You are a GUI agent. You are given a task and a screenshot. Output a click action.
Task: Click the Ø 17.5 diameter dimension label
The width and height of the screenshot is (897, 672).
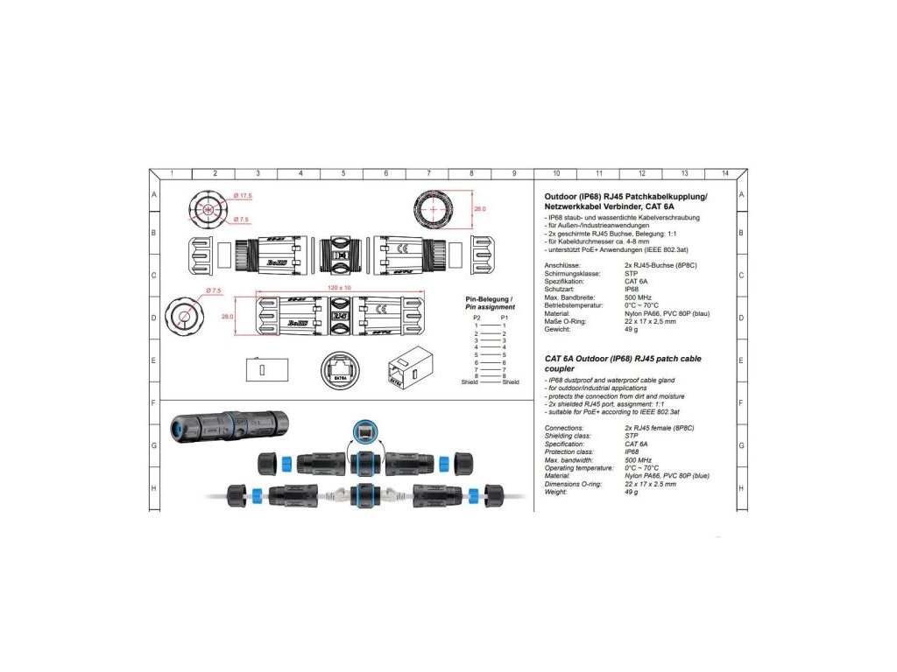point(243,195)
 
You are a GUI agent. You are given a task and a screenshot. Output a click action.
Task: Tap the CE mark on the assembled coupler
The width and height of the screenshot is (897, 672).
point(383,309)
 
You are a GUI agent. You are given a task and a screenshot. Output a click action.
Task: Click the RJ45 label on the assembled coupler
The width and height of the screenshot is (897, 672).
point(342,314)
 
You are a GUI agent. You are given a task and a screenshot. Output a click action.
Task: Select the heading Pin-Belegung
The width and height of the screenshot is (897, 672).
point(489,299)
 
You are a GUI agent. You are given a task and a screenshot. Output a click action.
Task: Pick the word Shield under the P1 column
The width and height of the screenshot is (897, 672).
point(511,382)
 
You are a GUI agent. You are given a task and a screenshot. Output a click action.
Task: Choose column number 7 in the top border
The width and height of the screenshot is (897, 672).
point(429,173)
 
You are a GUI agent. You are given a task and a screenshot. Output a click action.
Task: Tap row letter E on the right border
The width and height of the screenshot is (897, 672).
point(741,360)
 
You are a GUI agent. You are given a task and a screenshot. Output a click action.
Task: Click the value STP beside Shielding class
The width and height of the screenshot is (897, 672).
point(632,436)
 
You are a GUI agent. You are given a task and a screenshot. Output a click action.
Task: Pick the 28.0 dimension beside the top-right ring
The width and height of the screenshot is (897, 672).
point(479,209)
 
